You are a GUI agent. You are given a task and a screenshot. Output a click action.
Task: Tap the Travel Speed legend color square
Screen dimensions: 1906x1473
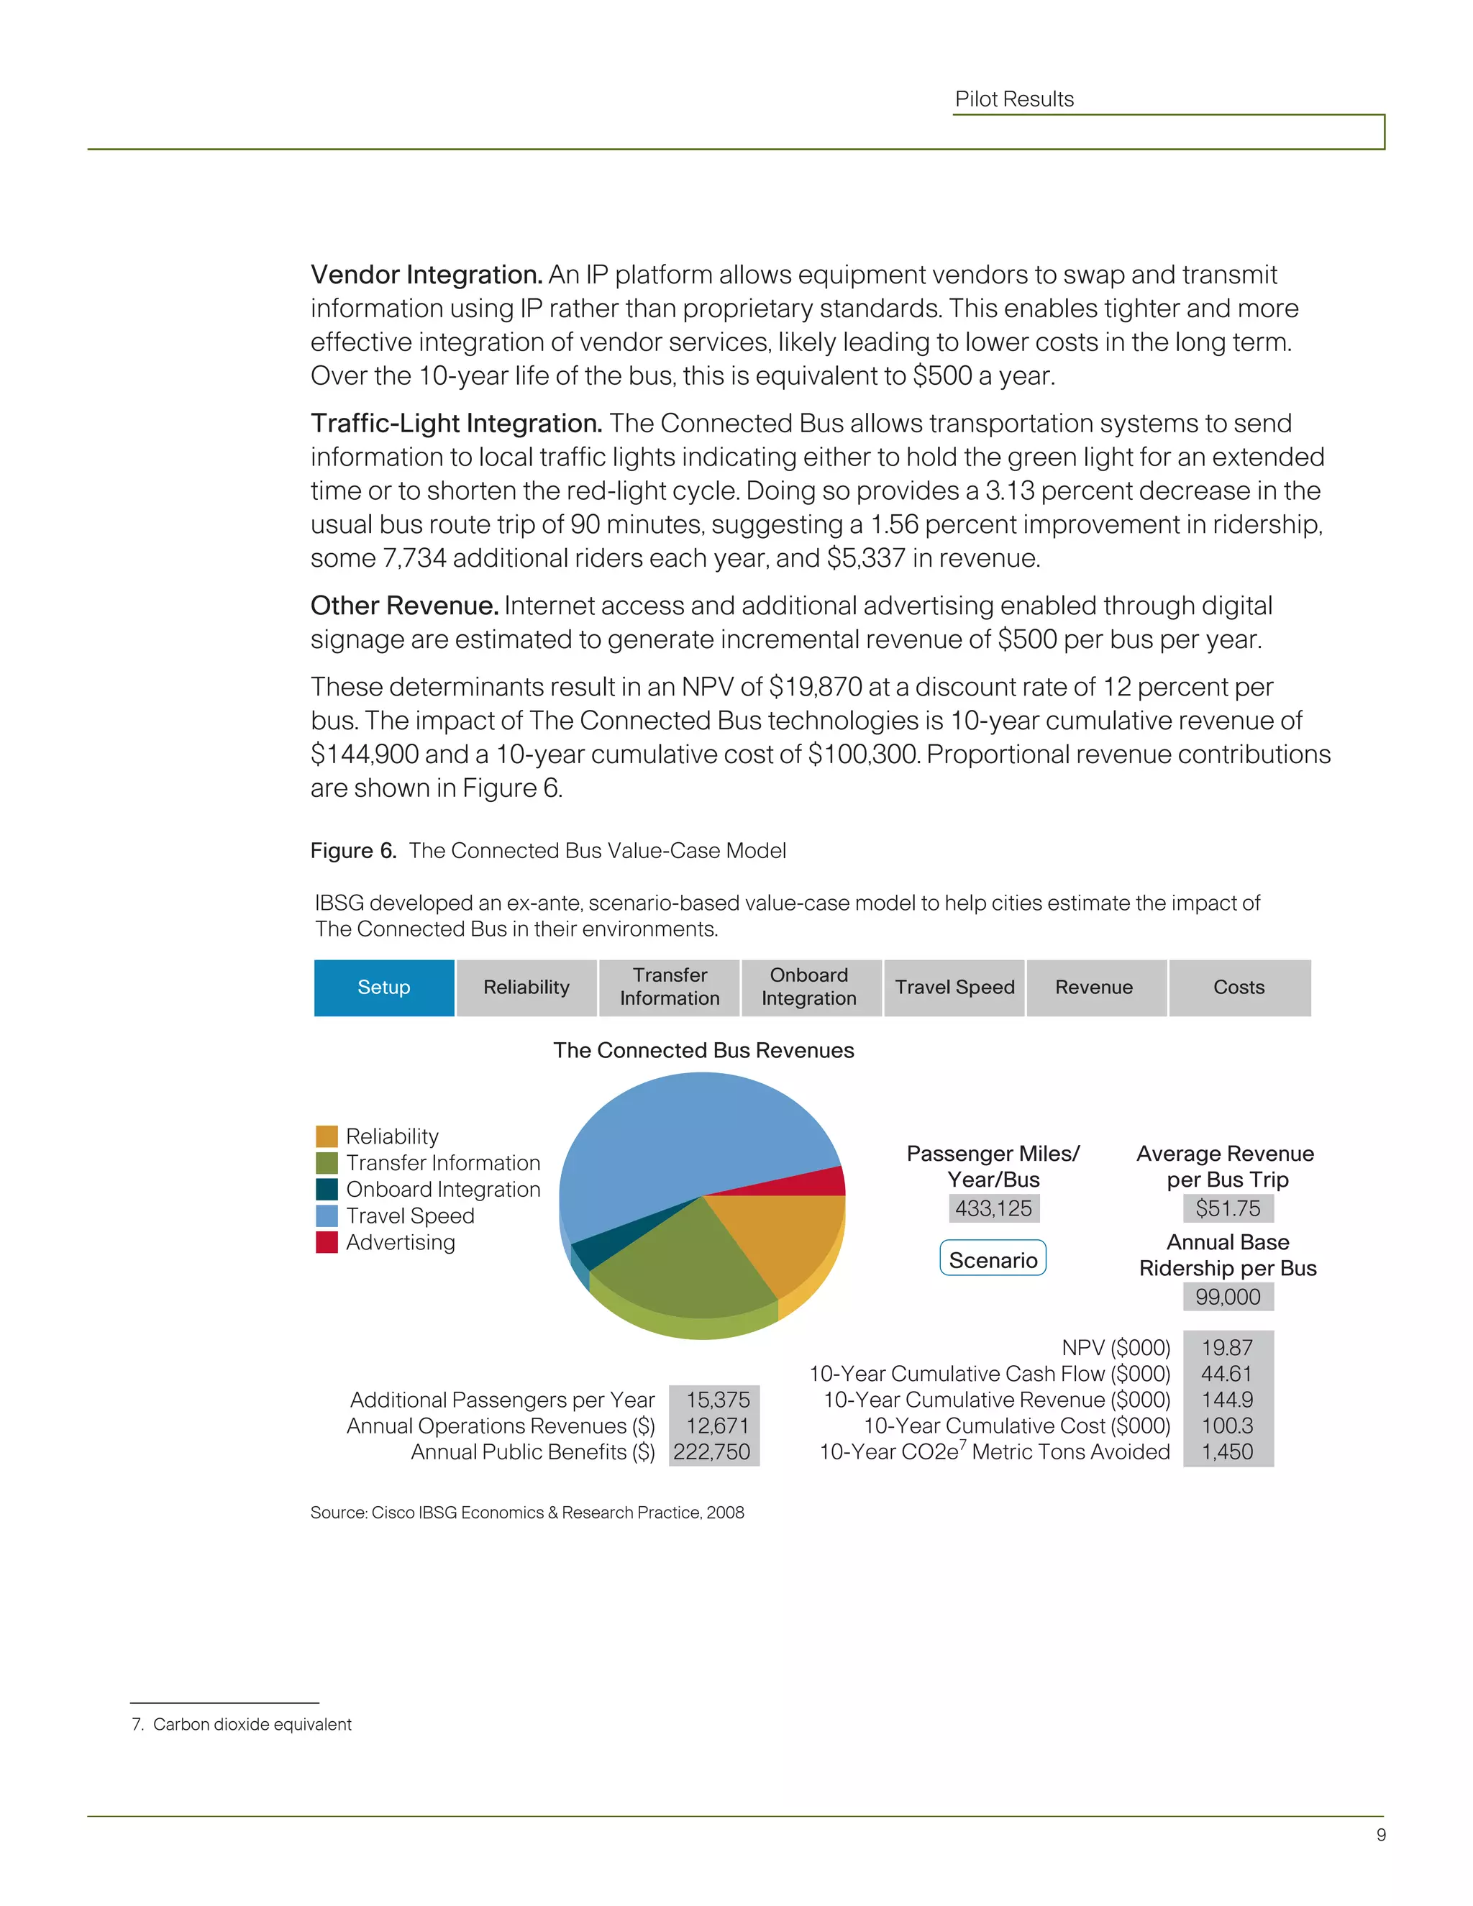pyautogui.click(x=327, y=1216)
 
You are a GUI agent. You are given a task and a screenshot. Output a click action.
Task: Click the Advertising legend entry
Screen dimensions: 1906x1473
pyautogui.click(x=400, y=1242)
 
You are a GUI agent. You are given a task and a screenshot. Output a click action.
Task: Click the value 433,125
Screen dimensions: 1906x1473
pyautogui.click(x=993, y=1209)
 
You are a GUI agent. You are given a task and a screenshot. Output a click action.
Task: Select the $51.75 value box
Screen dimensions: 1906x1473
pyautogui.click(x=1228, y=1209)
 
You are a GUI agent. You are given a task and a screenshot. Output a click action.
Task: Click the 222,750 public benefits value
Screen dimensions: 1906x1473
pyautogui.click(x=712, y=1452)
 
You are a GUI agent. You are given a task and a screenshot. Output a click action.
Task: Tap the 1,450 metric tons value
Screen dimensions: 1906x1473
pyautogui.click(x=1227, y=1452)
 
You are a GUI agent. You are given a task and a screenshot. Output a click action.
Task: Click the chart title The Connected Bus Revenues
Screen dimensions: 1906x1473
pyautogui.click(x=703, y=1050)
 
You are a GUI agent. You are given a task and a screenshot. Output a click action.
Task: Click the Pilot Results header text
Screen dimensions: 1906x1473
pyautogui.click(x=1014, y=99)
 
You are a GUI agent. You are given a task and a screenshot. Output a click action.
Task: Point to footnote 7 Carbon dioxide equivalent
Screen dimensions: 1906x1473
pyautogui.click(x=242, y=1725)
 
